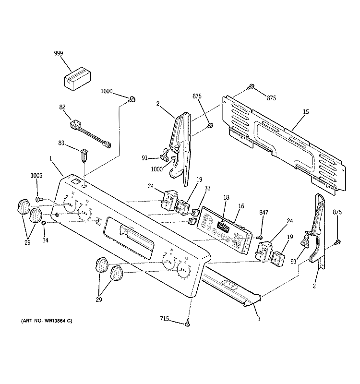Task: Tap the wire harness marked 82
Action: pos(88,134)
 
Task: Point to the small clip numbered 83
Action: pos(84,155)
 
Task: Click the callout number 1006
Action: pos(37,176)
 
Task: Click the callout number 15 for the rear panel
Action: pos(306,112)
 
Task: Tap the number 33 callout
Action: pos(208,189)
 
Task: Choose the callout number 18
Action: pos(226,197)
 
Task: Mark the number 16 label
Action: pos(241,206)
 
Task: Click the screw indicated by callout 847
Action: pos(259,237)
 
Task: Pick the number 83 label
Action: pos(61,143)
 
